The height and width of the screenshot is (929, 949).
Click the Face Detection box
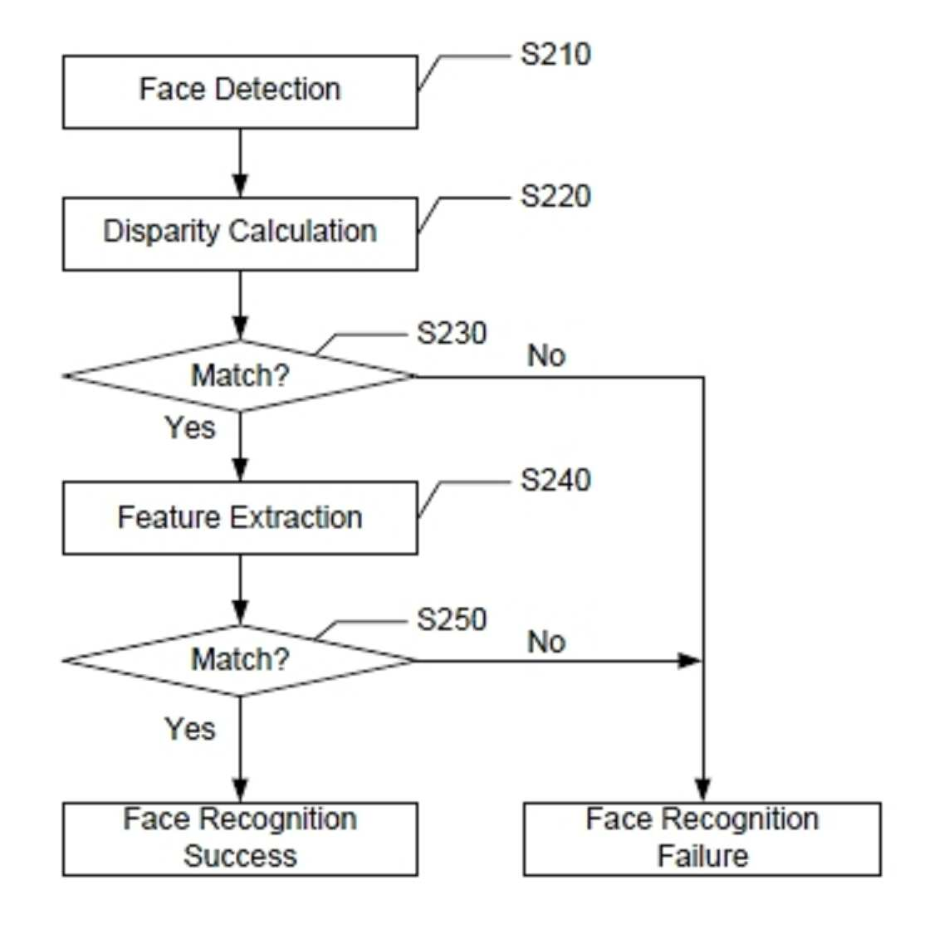[240, 92]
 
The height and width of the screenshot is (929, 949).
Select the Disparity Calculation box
[240, 233]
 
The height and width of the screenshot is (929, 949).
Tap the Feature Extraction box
[240, 518]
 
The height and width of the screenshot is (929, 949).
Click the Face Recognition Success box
[240, 839]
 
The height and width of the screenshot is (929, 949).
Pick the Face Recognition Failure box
[702, 839]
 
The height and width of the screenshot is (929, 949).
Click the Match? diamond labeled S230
[240, 376]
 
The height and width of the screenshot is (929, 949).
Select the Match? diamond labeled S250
[240, 660]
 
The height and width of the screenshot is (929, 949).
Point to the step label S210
[555, 55]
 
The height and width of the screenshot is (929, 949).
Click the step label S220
[555, 197]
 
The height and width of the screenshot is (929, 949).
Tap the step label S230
[452, 334]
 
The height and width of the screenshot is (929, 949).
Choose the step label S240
[555, 481]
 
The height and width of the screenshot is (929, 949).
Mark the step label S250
[452, 619]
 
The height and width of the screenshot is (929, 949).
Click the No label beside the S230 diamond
[546, 356]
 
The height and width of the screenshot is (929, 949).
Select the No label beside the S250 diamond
[546, 642]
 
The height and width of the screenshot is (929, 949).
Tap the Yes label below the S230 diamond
[190, 428]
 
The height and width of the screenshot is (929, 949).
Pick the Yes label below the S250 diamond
[190, 729]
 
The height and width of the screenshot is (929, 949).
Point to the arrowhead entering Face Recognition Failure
[702, 791]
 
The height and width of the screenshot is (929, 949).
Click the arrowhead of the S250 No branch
[689, 660]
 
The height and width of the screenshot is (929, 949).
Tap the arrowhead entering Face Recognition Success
[240, 791]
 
